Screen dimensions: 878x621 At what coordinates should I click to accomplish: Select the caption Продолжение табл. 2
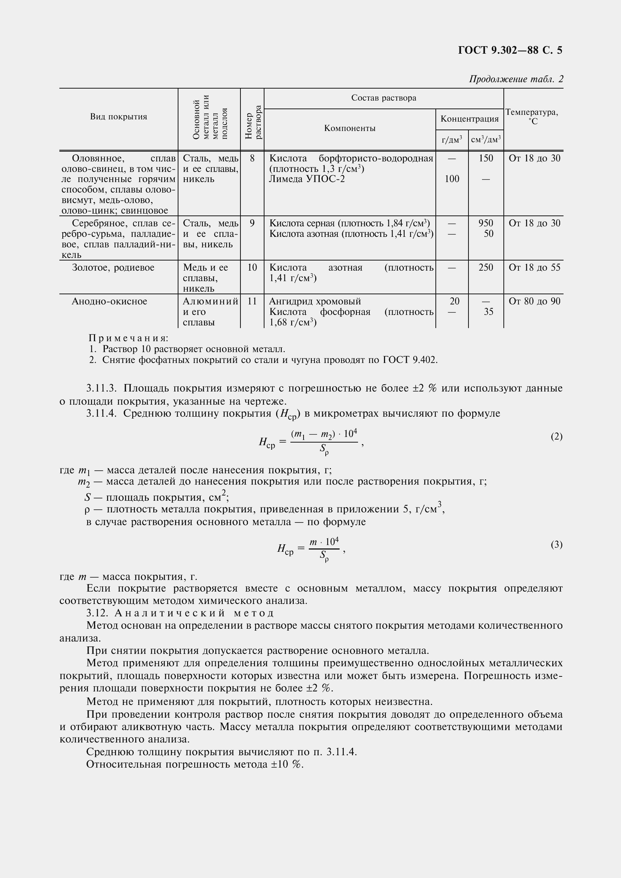pos(516,79)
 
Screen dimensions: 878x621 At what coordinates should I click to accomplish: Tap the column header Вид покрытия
pos(119,117)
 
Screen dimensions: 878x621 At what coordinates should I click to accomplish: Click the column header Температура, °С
pos(533,117)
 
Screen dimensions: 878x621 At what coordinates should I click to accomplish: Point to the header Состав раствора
pos(384,98)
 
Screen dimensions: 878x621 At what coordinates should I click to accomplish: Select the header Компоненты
pos(349,128)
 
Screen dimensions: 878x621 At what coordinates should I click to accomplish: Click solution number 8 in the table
pos(252,158)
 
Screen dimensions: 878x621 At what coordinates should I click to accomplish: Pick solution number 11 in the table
pos(252,301)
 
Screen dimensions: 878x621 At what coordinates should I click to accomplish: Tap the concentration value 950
pos(485,223)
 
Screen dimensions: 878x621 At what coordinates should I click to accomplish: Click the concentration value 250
pos(485,267)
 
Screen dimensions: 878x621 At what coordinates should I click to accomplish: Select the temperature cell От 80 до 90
pos(534,301)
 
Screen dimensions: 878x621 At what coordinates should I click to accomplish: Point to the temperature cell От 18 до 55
pos(534,267)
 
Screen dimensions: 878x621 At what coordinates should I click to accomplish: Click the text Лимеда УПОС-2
pos(307,179)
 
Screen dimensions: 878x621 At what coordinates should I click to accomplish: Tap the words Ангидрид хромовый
pos(315,301)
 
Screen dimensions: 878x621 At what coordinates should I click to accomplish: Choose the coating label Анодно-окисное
pos(109,301)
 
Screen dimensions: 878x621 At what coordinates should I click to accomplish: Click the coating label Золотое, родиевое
pos(113,267)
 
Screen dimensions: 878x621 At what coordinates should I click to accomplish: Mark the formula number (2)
pos(556,436)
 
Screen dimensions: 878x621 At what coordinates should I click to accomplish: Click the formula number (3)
pos(556,544)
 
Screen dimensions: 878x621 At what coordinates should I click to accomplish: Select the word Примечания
pos(128,338)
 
